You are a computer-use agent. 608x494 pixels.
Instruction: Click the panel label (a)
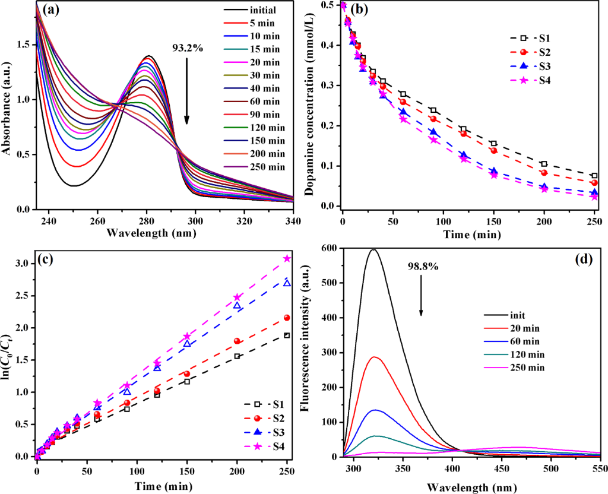(49, 11)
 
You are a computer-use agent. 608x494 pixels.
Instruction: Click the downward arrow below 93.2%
(187, 89)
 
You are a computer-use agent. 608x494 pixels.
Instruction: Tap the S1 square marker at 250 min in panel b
(594, 176)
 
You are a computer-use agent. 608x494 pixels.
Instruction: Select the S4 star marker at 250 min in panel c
(287, 258)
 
